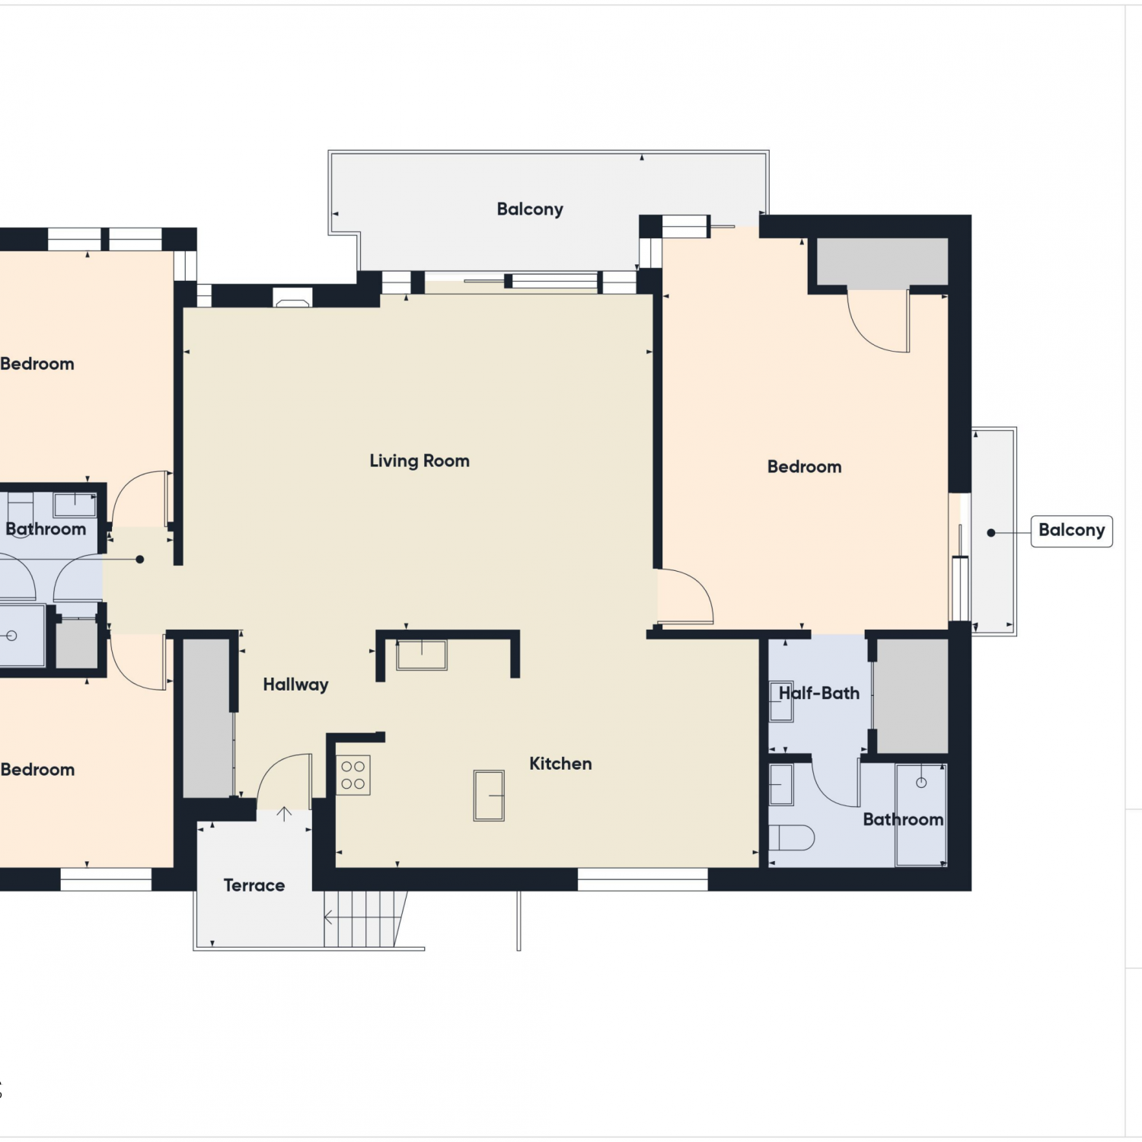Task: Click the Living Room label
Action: coord(419,461)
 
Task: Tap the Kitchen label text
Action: coord(560,764)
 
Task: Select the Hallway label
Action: coord(295,684)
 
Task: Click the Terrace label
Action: coord(254,885)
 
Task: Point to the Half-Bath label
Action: coord(819,693)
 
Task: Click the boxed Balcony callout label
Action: coord(1071,531)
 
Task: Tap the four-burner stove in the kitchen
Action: coord(352,775)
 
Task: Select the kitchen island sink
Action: coord(489,796)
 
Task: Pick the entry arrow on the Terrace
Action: coord(284,815)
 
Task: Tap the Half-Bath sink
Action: coord(781,701)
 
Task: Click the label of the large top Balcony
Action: coord(530,209)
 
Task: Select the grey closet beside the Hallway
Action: coord(207,718)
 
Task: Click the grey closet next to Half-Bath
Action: coord(911,696)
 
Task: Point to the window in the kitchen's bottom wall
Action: coord(643,879)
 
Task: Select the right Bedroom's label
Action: coord(805,467)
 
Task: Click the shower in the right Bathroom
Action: coord(921,815)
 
